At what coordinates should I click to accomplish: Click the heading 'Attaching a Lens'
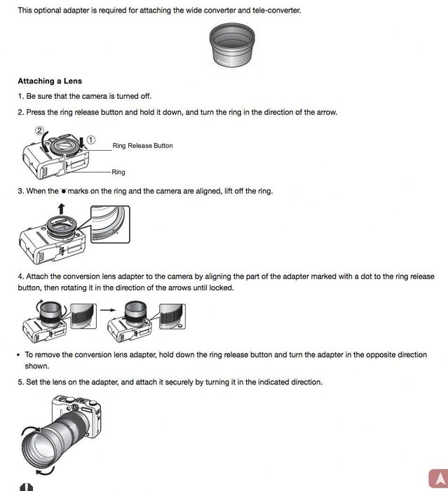pos(50,81)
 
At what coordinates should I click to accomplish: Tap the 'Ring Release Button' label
pos(142,146)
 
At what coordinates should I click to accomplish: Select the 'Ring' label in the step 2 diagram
pos(118,172)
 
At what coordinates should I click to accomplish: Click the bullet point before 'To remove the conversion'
pos(18,355)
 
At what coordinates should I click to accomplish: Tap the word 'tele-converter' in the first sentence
pos(278,11)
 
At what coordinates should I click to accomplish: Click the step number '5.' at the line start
pos(21,382)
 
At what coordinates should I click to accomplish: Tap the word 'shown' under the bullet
pos(36,366)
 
